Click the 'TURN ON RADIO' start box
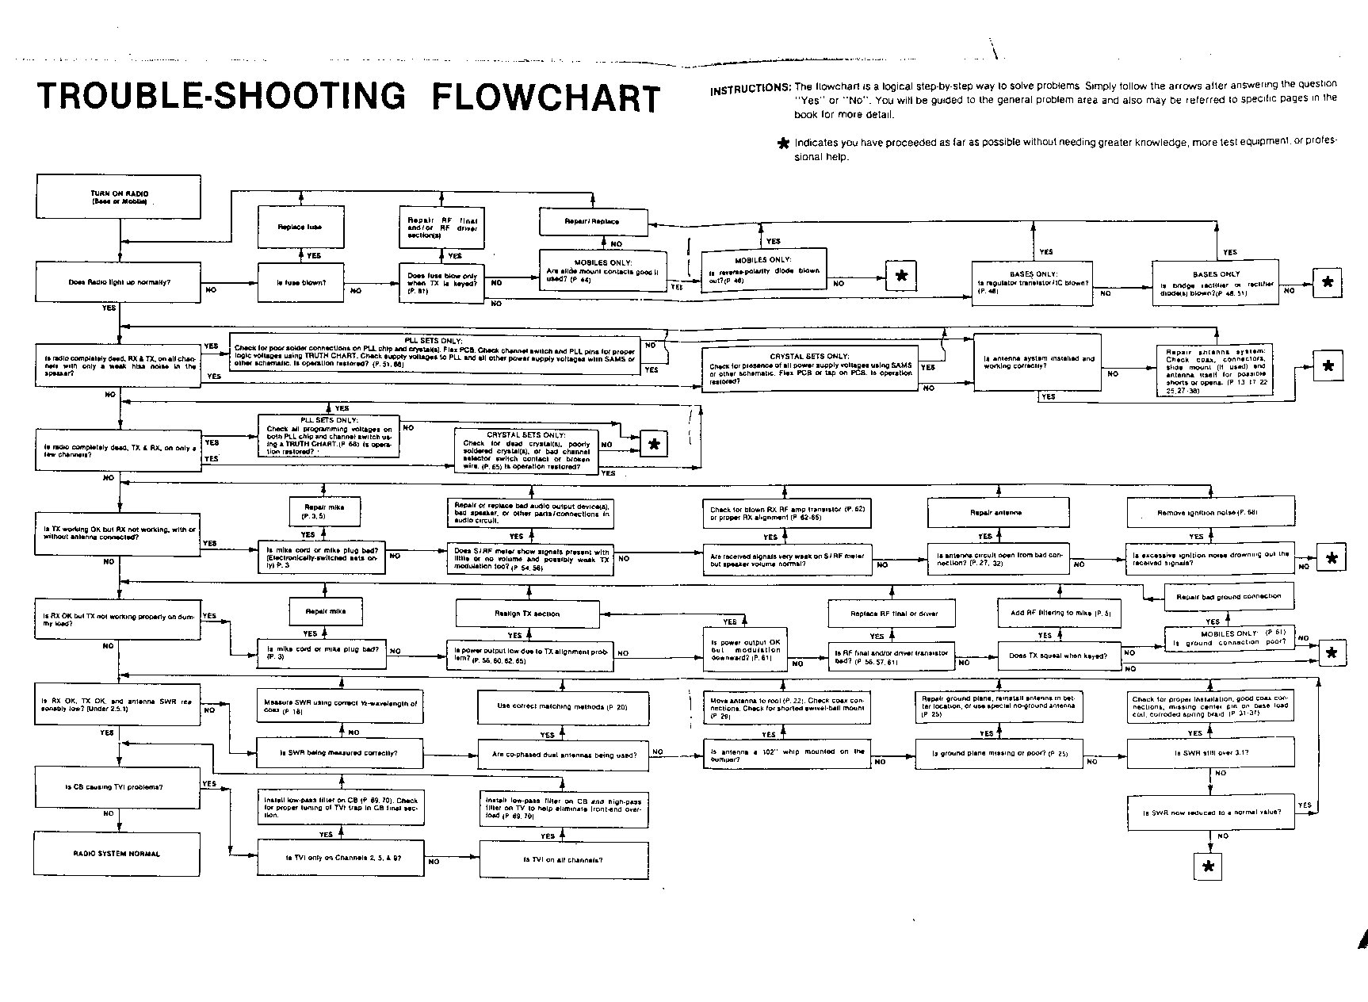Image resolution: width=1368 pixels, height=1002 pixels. click(x=119, y=197)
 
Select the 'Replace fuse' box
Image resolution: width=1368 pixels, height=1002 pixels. click(x=300, y=227)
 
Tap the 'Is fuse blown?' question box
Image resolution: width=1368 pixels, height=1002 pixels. click(x=300, y=282)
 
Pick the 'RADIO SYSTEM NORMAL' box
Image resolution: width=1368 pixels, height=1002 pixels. click(x=117, y=854)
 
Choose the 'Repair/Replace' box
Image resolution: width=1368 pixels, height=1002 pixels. click(x=593, y=221)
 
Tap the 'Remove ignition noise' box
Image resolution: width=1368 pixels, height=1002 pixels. click(x=1210, y=513)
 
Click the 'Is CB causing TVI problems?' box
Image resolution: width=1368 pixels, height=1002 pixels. click(x=117, y=787)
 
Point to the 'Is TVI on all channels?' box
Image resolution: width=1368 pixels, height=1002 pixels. click(x=563, y=860)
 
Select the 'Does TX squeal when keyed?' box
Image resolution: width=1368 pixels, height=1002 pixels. click(x=1057, y=656)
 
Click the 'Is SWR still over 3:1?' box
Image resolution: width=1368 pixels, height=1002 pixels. click(x=1210, y=752)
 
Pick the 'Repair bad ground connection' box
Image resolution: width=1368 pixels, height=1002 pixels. click(x=1229, y=597)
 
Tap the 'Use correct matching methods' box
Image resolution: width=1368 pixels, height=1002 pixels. click(x=562, y=706)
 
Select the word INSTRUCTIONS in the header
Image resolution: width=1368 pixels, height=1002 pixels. click(x=749, y=90)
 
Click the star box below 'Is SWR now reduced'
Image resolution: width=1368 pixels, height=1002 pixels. click(x=1208, y=866)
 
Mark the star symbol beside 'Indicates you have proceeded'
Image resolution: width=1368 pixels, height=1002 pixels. click(x=784, y=143)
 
